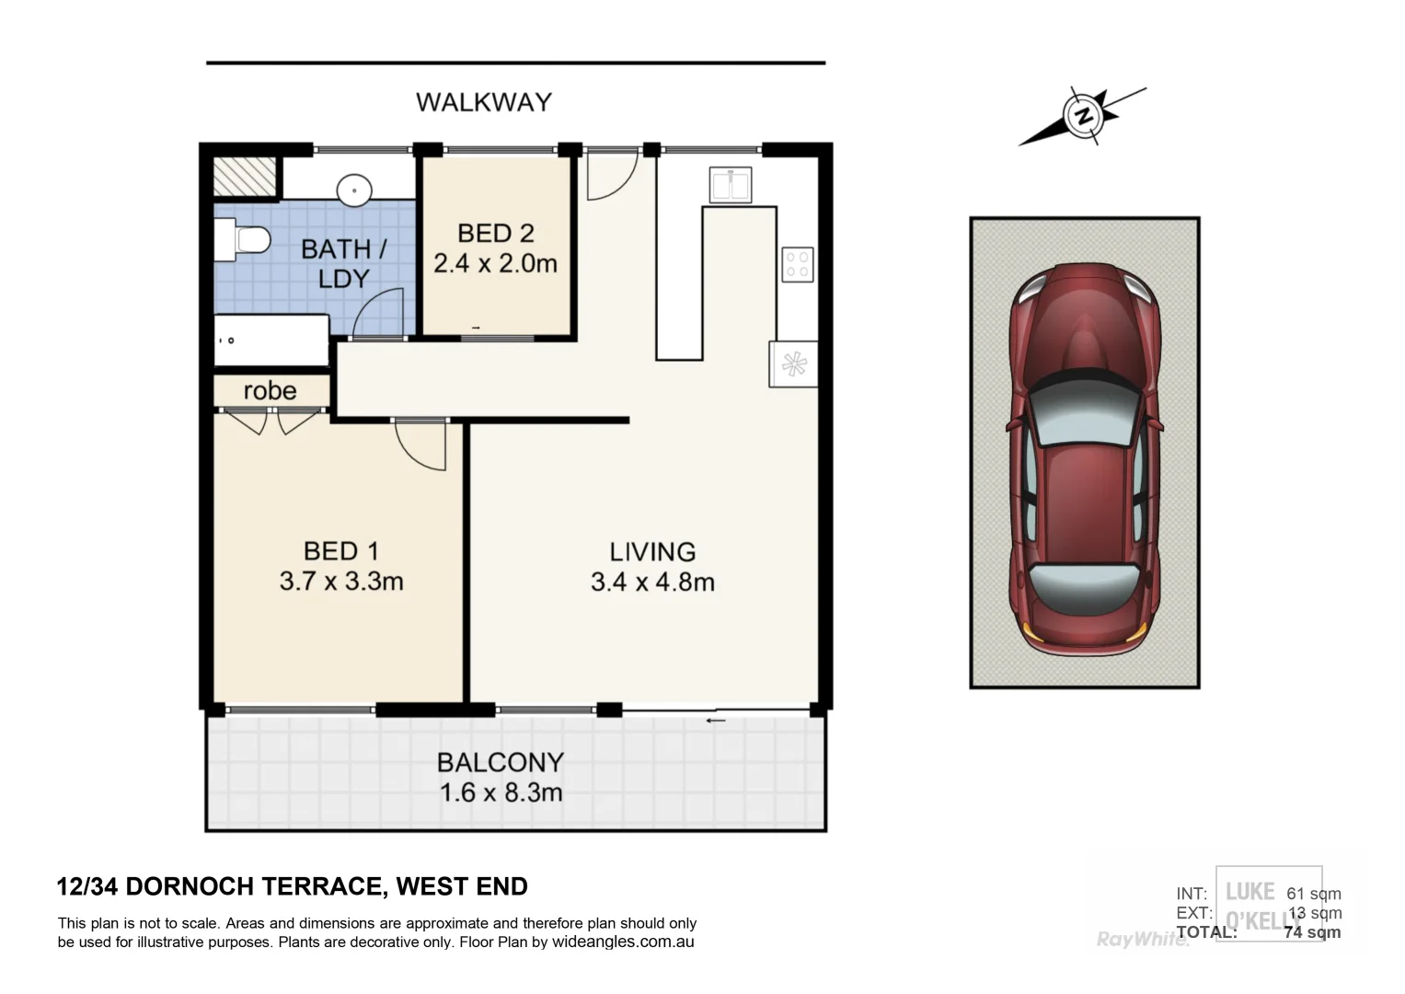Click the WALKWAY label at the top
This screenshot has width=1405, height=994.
click(x=483, y=101)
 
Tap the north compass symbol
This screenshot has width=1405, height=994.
click(x=1083, y=116)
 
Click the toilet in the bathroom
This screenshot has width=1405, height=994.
click(x=242, y=240)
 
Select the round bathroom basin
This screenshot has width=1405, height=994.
click(x=353, y=191)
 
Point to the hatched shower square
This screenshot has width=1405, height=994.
click(x=245, y=176)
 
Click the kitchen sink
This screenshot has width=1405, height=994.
click(x=731, y=185)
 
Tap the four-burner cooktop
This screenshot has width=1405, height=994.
click(x=797, y=265)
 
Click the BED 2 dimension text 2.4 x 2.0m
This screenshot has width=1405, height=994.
click(x=495, y=264)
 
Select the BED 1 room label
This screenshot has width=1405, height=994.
click(x=340, y=551)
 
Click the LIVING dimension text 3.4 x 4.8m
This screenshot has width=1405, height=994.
click(x=652, y=582)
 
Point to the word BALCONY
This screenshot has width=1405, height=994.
click(x=500, y=762)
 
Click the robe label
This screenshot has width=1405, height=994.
click(x=270, y=391)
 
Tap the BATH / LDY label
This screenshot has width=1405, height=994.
click(x=343, y=263)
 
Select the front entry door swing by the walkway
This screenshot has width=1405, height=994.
click(x=609, y=176)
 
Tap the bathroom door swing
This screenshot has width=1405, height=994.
click(x=379, y=313)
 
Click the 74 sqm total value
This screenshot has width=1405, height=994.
click(x=1312, y=932)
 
